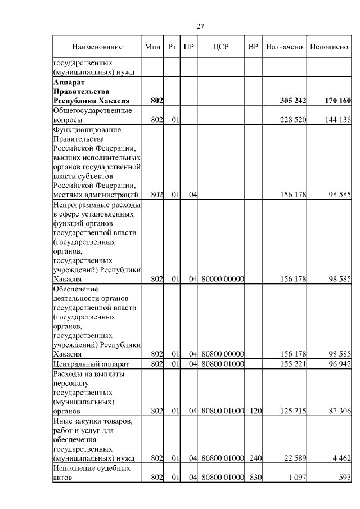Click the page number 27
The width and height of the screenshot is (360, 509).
click(x=200, y=26)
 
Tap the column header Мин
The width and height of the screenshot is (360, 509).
click(x=153, y=47)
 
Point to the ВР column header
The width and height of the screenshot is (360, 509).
click(x=253, y=47)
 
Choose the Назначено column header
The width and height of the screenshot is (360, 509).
click(x=285, y=47)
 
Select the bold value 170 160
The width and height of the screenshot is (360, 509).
click(x=337, y=101)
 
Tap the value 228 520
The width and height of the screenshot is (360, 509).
click(x=293, y=120)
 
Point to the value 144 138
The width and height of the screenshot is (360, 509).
click(x=338, y=120)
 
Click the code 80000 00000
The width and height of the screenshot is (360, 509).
click(x=222, y=278)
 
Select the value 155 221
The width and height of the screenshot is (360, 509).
click(x=293, y=364)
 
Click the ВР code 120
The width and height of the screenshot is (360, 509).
click(x=256, y=411)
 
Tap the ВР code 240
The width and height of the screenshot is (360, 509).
click(x=256, y=458)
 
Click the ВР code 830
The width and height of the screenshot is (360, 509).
click(x=256, y=478)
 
